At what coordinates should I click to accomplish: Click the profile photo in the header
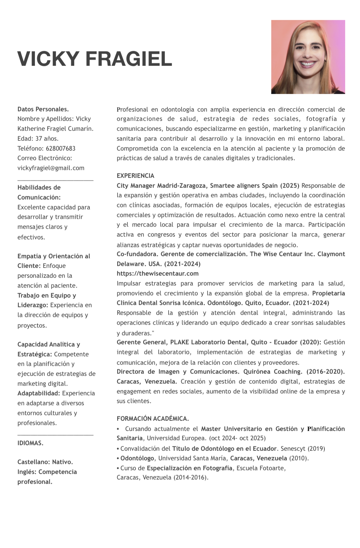(308, 57)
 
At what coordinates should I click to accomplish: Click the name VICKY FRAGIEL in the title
(95, 59)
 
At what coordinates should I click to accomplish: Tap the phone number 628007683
(61, 149)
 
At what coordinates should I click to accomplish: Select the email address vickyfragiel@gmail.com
(51, 168)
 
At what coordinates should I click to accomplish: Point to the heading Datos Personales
(43, 109)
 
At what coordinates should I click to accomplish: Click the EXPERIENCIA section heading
(135, 176)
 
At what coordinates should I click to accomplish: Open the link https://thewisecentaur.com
(157, 274)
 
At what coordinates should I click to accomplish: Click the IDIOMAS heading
(30, 443)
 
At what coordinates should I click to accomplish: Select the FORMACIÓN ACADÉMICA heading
(152, 419)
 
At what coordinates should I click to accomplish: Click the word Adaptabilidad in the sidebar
(39, 393)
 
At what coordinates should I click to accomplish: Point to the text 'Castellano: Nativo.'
(45, 462)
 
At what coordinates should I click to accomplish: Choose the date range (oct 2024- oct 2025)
(237, 438)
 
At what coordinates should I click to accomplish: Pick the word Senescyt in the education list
(292, 448)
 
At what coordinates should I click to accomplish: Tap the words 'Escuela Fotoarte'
(261, 468)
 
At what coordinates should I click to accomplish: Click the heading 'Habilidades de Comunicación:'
(39, 192)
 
